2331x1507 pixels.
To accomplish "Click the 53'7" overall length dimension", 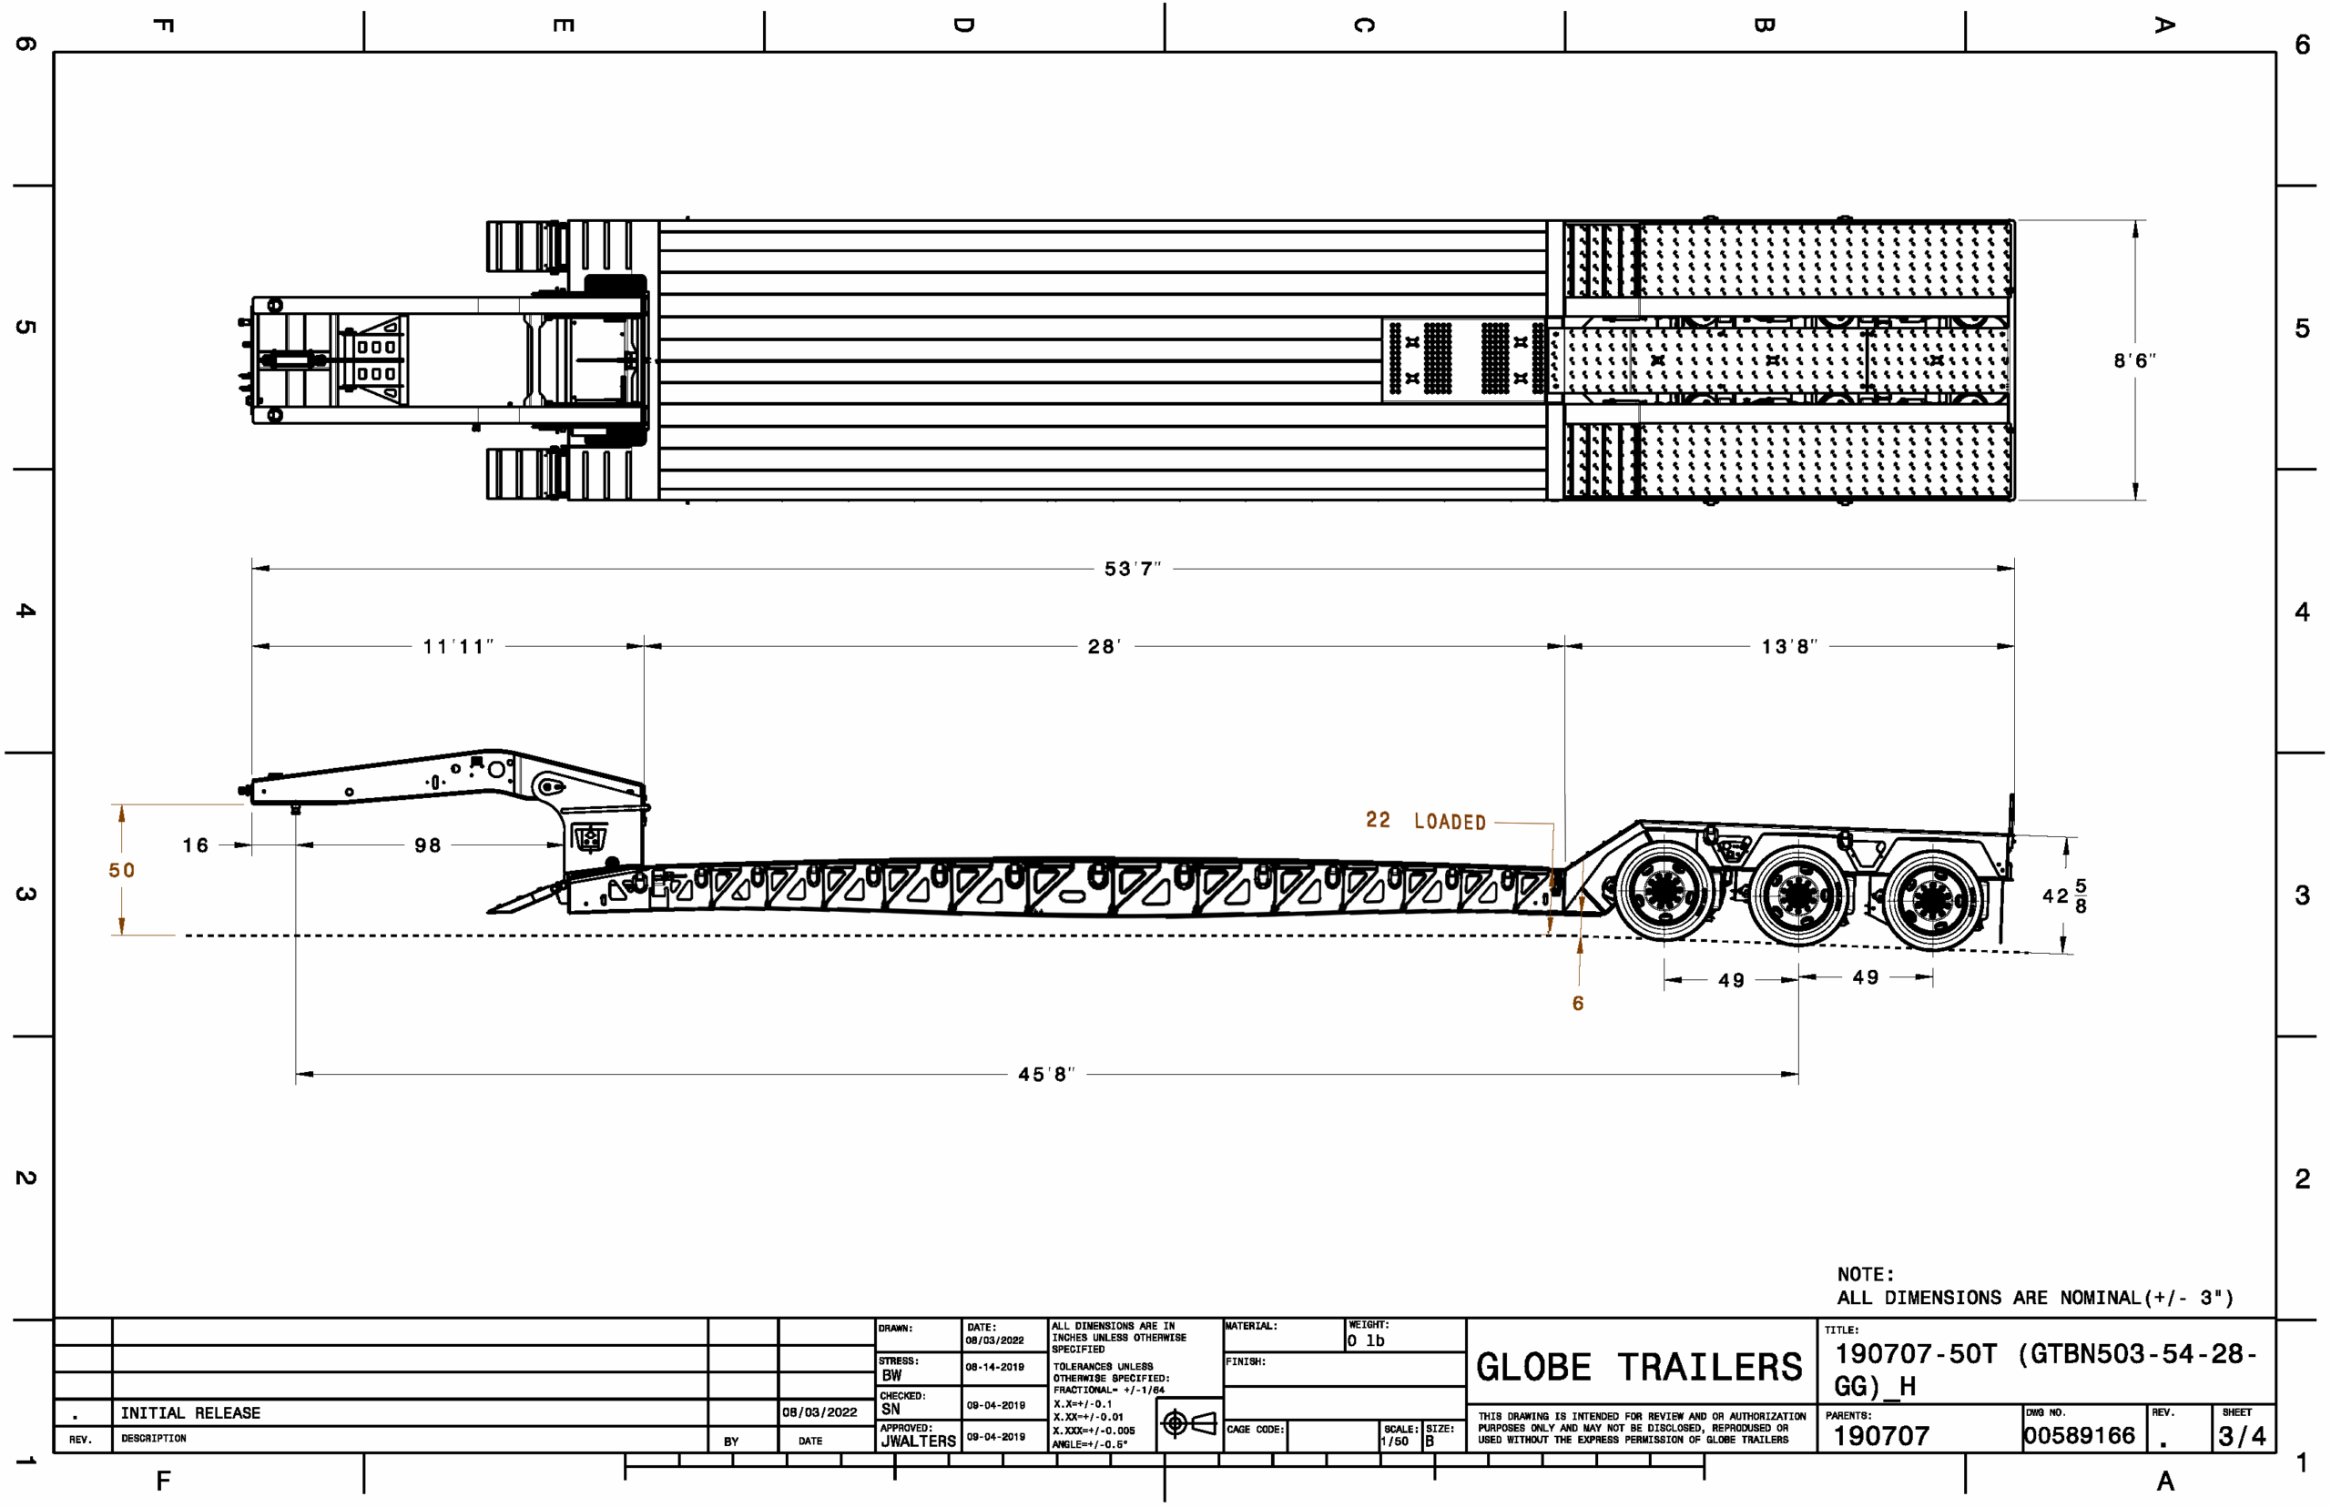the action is pyautogui.click(x=1132, y=569).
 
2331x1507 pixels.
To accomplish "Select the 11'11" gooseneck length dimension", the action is pyautogui.click(x=458, y=647).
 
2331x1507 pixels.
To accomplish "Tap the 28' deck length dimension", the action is pyautogui.click(x=1104, y=647).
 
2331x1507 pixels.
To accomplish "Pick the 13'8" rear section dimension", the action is pyautogui.click(x=1788, y=647).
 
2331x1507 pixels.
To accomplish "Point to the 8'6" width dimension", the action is pyautogui.click(x=2134, y=360).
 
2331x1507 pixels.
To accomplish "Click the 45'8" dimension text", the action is pyautogui.click(x=1045, y=1075).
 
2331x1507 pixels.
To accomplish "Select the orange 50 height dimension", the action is pyautogui.click(x=121, y=870).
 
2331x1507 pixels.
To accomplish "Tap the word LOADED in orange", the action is pyautogui.click(x=1450, y=822).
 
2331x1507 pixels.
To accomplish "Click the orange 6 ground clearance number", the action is pyautogui.click(x=1578, y=1003).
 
